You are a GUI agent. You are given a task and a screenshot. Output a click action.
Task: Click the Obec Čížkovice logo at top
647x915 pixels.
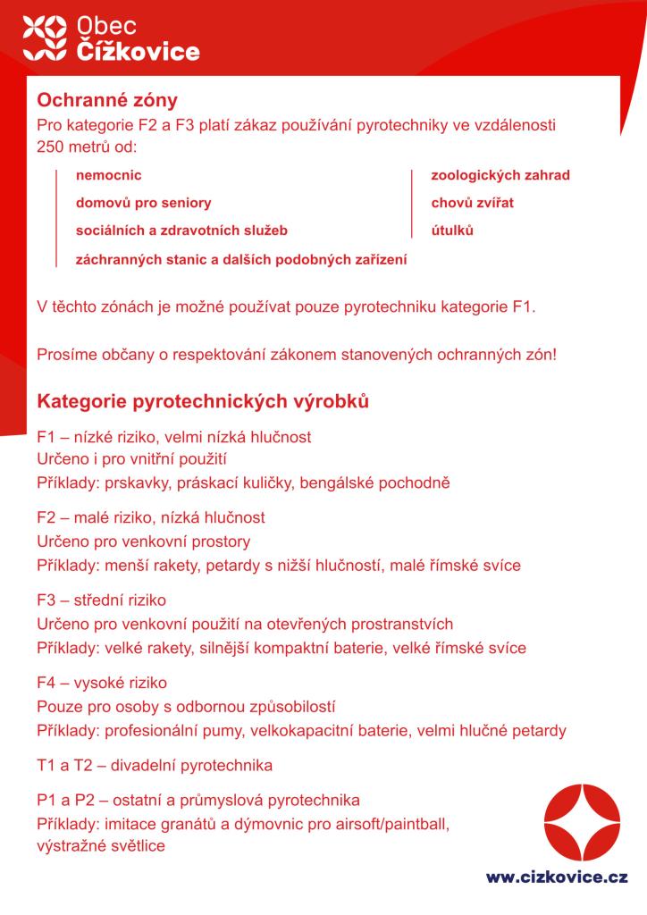[x=112, y=38]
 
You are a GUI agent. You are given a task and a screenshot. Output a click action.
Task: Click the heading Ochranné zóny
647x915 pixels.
[x=107, y=99]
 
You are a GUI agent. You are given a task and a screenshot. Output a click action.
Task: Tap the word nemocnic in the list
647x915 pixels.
[x=109, y=175]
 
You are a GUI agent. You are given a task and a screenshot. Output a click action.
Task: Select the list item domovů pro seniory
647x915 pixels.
[x=144, y=203]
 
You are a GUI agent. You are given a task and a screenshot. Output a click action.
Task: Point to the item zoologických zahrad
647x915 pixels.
[x=500, y=175]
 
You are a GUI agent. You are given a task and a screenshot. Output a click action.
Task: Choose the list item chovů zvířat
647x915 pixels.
[x=473, y=203]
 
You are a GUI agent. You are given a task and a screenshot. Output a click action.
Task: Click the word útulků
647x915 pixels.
[x=452, y=231]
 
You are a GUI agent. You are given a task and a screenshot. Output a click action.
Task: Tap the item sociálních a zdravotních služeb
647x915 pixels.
[x=182, y=231]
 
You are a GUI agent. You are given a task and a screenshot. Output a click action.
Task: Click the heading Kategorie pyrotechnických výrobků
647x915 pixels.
[x=203, y=401]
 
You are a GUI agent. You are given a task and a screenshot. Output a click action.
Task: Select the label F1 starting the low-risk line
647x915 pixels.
[x=46, y=437]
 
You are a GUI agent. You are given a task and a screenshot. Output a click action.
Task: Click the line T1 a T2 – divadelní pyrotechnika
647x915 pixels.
[x=155, y=766]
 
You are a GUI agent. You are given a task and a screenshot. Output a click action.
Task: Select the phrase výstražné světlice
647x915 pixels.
[x=101, y=845]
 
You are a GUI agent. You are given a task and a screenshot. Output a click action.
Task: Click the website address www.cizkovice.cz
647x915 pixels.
[x=557, y=878]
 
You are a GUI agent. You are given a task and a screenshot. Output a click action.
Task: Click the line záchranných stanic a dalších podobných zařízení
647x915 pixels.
[x=241, y=260]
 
